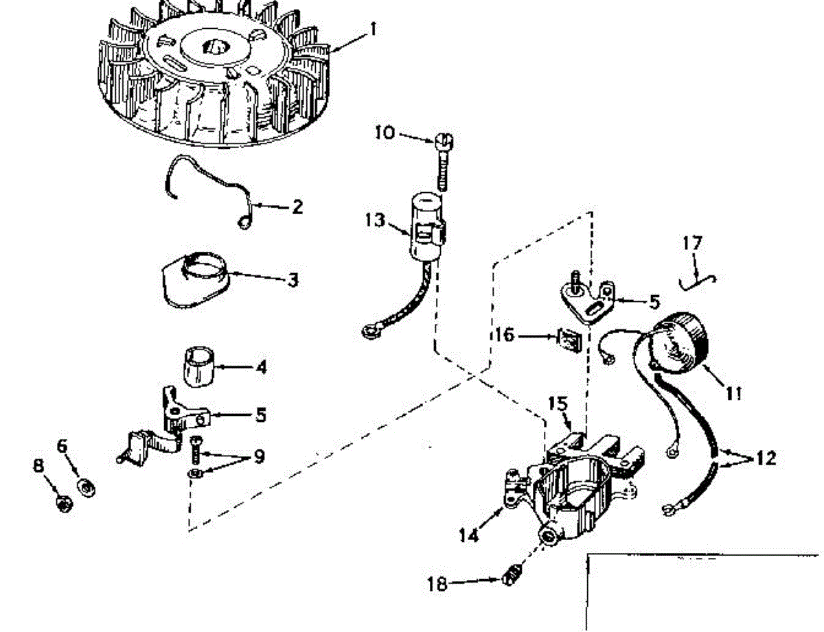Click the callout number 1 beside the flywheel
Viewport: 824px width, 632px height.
(373, 29)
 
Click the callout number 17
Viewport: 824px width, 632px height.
(693, 243)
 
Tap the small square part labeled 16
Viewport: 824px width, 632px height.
(568, 339)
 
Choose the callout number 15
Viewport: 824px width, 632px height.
(559, 403)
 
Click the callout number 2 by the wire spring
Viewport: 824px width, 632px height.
(297, 206)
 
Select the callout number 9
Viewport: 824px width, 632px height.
(258, 456)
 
